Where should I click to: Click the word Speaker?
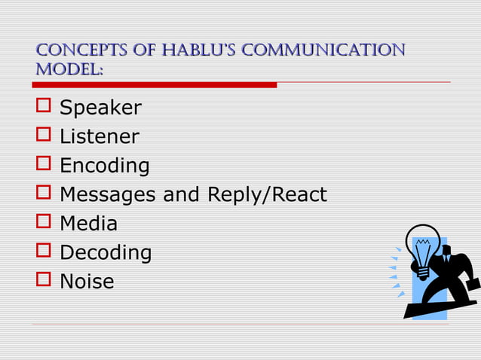[x=100, y=108]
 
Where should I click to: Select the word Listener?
[x=99, y=137]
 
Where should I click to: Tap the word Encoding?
[x=104, y=166]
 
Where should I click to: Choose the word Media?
[x=88, y=224]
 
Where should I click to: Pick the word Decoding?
[x=106, y=253]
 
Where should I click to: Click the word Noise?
[x=87, y=282]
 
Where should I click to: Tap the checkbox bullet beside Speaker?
[x=42, y=107]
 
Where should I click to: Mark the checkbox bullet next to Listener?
[x=42, y=136]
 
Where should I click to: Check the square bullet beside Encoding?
[x=42, y=164]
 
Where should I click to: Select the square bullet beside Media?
[x=42, y=222]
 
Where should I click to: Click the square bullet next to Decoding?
[x=42, y=252]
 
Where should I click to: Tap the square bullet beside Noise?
[x=42, y=280]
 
